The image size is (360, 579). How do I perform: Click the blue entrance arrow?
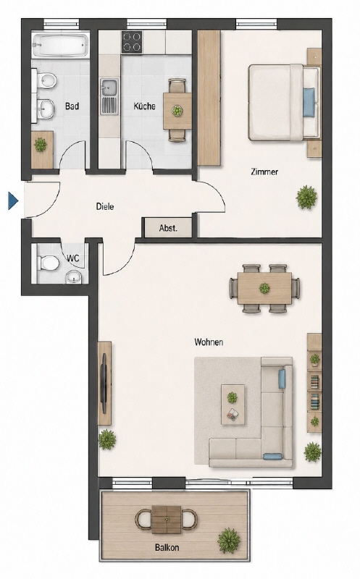(x=13, y=201)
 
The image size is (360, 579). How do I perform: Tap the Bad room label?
(x=72, y=106)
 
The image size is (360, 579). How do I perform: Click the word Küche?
(x=145, y=106)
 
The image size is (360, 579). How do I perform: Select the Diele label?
(x=105, y=206)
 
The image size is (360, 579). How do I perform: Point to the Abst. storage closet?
(x=168, y=228)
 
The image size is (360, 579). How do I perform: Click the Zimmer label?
(x=264, y=172)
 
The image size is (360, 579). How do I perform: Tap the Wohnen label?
(x=209, y=342)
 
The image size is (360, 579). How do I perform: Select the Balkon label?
(x=167, y=547)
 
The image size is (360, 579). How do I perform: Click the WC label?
(x=73, y=258)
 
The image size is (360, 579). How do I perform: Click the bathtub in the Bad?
(x=61, y=45)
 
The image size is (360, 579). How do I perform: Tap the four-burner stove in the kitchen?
(x=133, y=42)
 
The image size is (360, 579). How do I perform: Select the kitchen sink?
(x=109, y=96)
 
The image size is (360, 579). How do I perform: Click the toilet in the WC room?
(x=49, y=263)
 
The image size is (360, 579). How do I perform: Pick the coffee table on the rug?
(x=233, y=405)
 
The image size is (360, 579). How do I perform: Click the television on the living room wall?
(x=104, y=384)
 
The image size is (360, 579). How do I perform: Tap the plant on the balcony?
(x=229, y=540)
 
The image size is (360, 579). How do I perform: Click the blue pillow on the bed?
(x=309, y=102)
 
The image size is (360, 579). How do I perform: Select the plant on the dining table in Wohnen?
(x=264, y=288)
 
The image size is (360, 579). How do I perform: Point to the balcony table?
(x=167, y=520)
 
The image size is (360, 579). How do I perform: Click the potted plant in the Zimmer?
(x=307, y=197)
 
